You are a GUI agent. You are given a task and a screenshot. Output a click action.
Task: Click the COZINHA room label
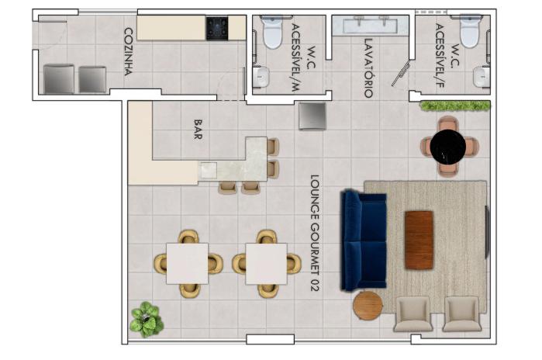tap(129, 51)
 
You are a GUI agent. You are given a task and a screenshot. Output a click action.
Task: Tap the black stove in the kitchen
tap(217, 29)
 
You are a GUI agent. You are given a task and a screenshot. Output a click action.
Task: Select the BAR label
tap(198, 130)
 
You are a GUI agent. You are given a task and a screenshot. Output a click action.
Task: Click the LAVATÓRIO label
tap(368, 67)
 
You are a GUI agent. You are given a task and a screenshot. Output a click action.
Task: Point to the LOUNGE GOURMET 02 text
tap(315, 233)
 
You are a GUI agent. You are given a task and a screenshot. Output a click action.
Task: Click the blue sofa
tap(364, 241)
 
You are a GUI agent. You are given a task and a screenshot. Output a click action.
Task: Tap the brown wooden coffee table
tap(419, 240)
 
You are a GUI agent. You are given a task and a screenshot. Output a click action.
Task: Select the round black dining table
tap(448, 147)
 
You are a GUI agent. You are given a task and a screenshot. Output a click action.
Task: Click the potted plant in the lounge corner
tap(147, 319)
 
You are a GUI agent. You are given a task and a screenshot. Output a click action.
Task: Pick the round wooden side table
tap(368, 306)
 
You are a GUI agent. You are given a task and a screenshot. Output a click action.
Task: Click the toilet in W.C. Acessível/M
tap(273, 32)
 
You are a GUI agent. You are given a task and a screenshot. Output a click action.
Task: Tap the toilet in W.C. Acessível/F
tap(471, 31)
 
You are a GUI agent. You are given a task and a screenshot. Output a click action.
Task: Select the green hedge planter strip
tap(455, 106)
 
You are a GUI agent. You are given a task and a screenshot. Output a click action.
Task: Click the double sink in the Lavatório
tap(370, 25)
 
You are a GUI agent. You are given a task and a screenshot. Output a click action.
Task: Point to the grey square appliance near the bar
tap(312, 116)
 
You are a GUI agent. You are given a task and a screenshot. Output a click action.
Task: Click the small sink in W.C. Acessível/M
tap(261, 77)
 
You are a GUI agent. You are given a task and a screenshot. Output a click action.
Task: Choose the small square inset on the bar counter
tap(209, 170)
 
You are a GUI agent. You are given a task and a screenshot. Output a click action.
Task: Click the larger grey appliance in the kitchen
tap(59, 79)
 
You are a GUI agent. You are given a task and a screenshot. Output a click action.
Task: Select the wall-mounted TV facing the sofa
tap(488, 232)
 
